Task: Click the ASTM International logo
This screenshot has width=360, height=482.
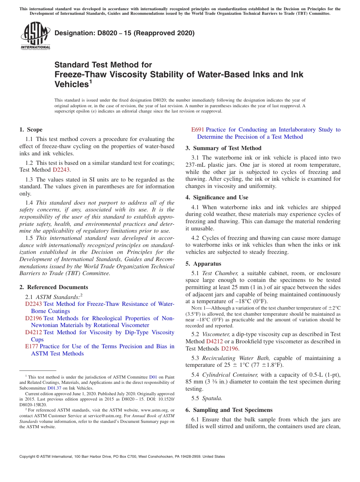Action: (35, 36)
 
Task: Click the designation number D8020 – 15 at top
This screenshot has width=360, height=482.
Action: (124, 33)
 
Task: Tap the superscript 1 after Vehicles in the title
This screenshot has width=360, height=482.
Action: (91, 81)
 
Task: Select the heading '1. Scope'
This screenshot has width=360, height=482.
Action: (31, 130)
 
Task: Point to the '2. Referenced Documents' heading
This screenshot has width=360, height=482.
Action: (54, 287)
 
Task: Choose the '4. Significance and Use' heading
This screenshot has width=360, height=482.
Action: (217, 197)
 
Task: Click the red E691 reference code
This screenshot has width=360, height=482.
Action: (198, 130)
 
